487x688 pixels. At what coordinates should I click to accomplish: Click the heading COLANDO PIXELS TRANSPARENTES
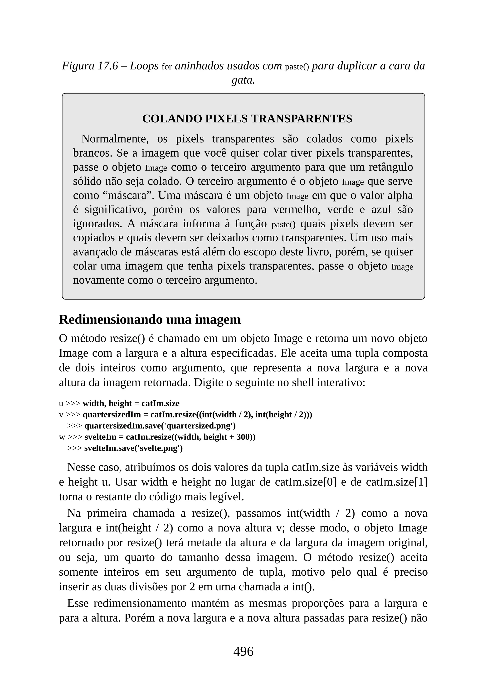[x=247, y=119]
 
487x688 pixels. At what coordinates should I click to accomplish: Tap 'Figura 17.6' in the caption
[x=90, y=66]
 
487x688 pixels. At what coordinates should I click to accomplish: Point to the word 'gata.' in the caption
[x=243, y=80]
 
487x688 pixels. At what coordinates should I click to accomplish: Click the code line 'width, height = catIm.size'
[x=131, y=403]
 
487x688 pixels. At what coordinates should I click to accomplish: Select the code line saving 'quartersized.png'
[x=160, y=426]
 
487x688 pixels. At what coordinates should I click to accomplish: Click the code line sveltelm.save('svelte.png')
[x=133, y=448]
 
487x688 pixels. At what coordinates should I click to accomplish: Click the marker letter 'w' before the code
[x=62, y=437]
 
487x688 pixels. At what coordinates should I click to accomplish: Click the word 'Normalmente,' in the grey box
[x=115, y=139]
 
